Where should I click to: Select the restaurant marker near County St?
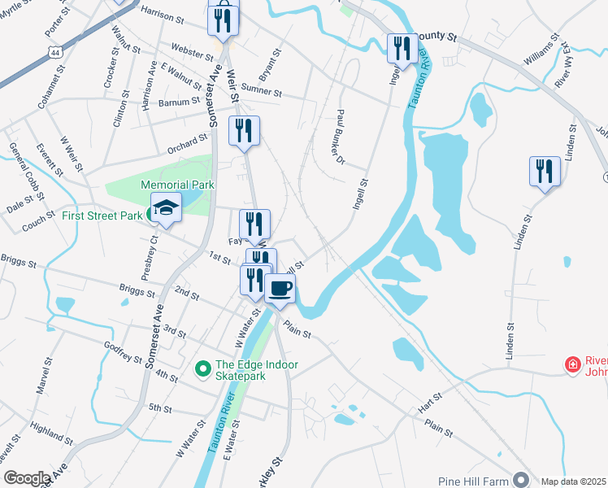tap(400, 49)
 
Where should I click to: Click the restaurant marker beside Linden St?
tap(545, 172)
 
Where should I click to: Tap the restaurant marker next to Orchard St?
tap(244, 131)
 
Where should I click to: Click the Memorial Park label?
tap(177, 185)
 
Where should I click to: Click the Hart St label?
tap(431, 399)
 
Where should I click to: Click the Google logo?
tap(27, 478)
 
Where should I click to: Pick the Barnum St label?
tap(180, 102)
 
